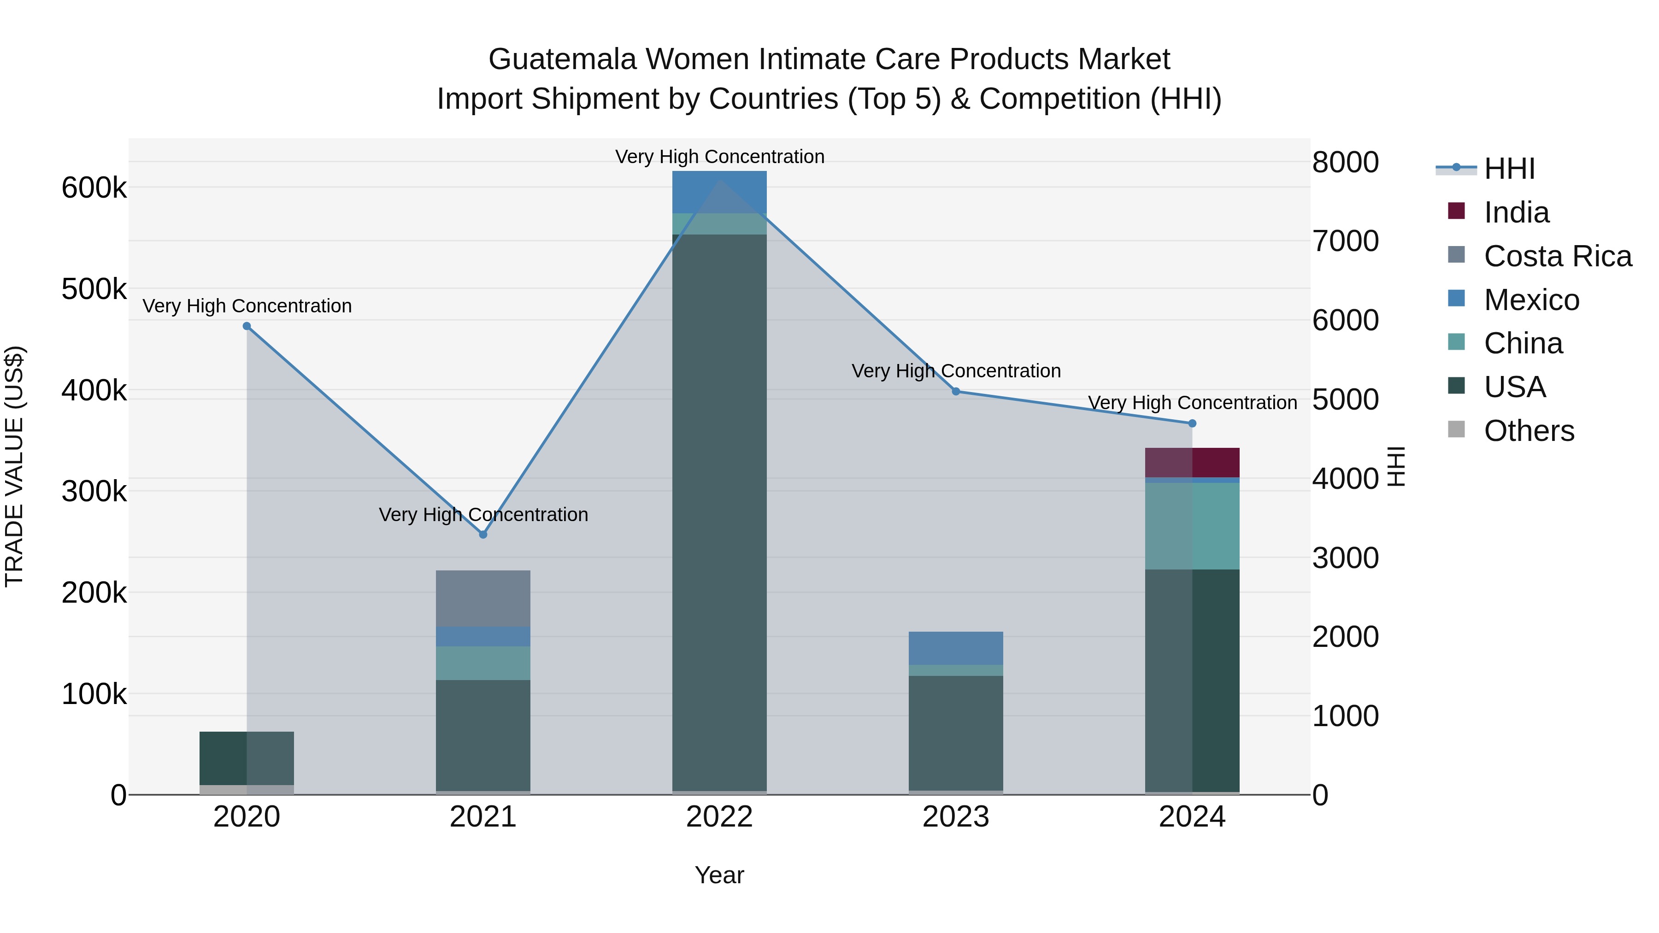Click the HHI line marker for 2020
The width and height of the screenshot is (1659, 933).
coord(247,327)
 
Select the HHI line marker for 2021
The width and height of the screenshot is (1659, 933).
coord(483,534)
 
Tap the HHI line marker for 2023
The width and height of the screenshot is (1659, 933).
coord(956,392)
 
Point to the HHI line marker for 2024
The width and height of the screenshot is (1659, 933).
coord(1192,424)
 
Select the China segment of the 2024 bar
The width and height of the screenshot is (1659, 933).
coord(1192,526)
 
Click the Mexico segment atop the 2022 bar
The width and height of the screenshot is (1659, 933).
coord(719,192)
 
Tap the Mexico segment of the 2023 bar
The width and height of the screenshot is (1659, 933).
coord(956,648)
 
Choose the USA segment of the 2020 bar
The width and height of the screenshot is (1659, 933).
coord(247,758)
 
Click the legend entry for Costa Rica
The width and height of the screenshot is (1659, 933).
coord(1557,256)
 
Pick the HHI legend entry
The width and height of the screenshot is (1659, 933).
coord(1508,169)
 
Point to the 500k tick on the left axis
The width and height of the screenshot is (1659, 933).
coord(94,290)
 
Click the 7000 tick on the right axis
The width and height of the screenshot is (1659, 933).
coord(1345,241)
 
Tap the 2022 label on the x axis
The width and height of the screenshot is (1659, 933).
coord(719,817)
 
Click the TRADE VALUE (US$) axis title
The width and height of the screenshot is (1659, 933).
coord(15,466)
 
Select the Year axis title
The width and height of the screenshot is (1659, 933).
coord(719,875)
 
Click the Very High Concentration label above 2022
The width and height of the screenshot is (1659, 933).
coord(719,157)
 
